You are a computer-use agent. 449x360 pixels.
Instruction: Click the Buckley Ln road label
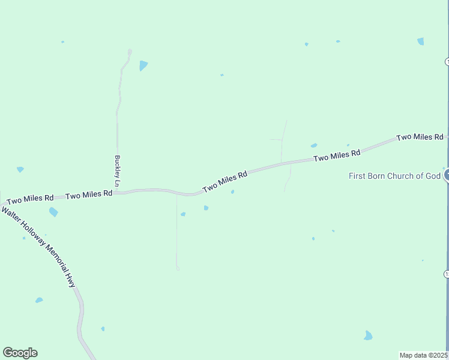pyautogui.click(x=118, y=170)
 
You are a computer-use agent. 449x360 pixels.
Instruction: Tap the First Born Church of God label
pyautogui.click(x=395, y=176)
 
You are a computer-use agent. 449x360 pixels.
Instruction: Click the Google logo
pyautogui.click(x=20, y=353)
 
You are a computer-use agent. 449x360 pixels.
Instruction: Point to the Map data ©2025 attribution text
pyautogui.click(x=424, y=355)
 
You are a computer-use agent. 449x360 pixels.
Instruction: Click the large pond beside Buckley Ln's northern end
pyautogui.click(x=143, y=65)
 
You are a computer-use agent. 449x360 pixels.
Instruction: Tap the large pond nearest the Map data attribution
pyautogui.click(x=368, y=335)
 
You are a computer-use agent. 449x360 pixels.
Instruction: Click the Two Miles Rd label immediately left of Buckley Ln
pyautogui.click(x=89, y=195)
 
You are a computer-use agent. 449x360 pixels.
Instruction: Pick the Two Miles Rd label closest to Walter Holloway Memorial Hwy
pyautogui.click(x=30, y=199)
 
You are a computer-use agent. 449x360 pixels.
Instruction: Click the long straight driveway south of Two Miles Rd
pyautogui.click(x=177, y=234)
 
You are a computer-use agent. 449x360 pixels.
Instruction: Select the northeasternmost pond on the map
pyautogui.click(x=420, y=41)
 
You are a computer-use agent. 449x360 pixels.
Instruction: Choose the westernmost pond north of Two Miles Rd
pyautogui.click(x=20, y=170)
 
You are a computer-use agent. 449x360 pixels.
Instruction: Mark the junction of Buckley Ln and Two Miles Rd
pyautogui.click(x=118, y=193)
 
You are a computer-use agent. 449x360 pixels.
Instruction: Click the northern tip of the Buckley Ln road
pyautogui.click(x=130, y=50)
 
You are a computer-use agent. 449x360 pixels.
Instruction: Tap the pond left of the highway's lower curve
pyautogui.click(x=39, y=300)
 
